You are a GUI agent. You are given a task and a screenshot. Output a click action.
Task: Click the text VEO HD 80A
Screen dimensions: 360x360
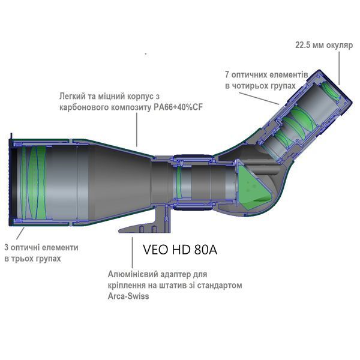tap(180, 250)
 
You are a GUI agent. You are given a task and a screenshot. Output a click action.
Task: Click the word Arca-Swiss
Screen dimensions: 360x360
tap(128, 296)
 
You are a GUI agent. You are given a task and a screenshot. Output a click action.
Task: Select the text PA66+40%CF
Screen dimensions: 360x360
tap(178, 107)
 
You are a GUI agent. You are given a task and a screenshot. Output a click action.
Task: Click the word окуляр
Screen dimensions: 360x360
tap(340, 46)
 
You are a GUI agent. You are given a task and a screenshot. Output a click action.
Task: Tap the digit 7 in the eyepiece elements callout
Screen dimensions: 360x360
tap(227, 75)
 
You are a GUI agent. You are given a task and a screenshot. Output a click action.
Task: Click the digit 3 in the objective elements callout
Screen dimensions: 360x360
tap(7, 247)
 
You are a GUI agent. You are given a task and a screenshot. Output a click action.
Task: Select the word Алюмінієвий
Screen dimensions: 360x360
tap(133, 274)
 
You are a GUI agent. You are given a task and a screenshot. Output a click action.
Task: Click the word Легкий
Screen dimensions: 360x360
tap(73, 96)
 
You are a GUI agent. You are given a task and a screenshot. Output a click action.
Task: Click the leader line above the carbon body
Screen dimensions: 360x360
tap(137, 129)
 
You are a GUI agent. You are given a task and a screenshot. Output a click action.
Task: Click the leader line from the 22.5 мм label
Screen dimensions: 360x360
tap(340, 68)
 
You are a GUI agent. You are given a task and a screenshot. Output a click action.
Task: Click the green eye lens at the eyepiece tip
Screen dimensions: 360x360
tap(331, 91)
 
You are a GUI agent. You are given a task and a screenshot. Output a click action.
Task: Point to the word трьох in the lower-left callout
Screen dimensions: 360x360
tap(22, 259)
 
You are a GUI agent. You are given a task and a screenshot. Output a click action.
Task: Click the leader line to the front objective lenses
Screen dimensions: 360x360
tap(20, 233)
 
